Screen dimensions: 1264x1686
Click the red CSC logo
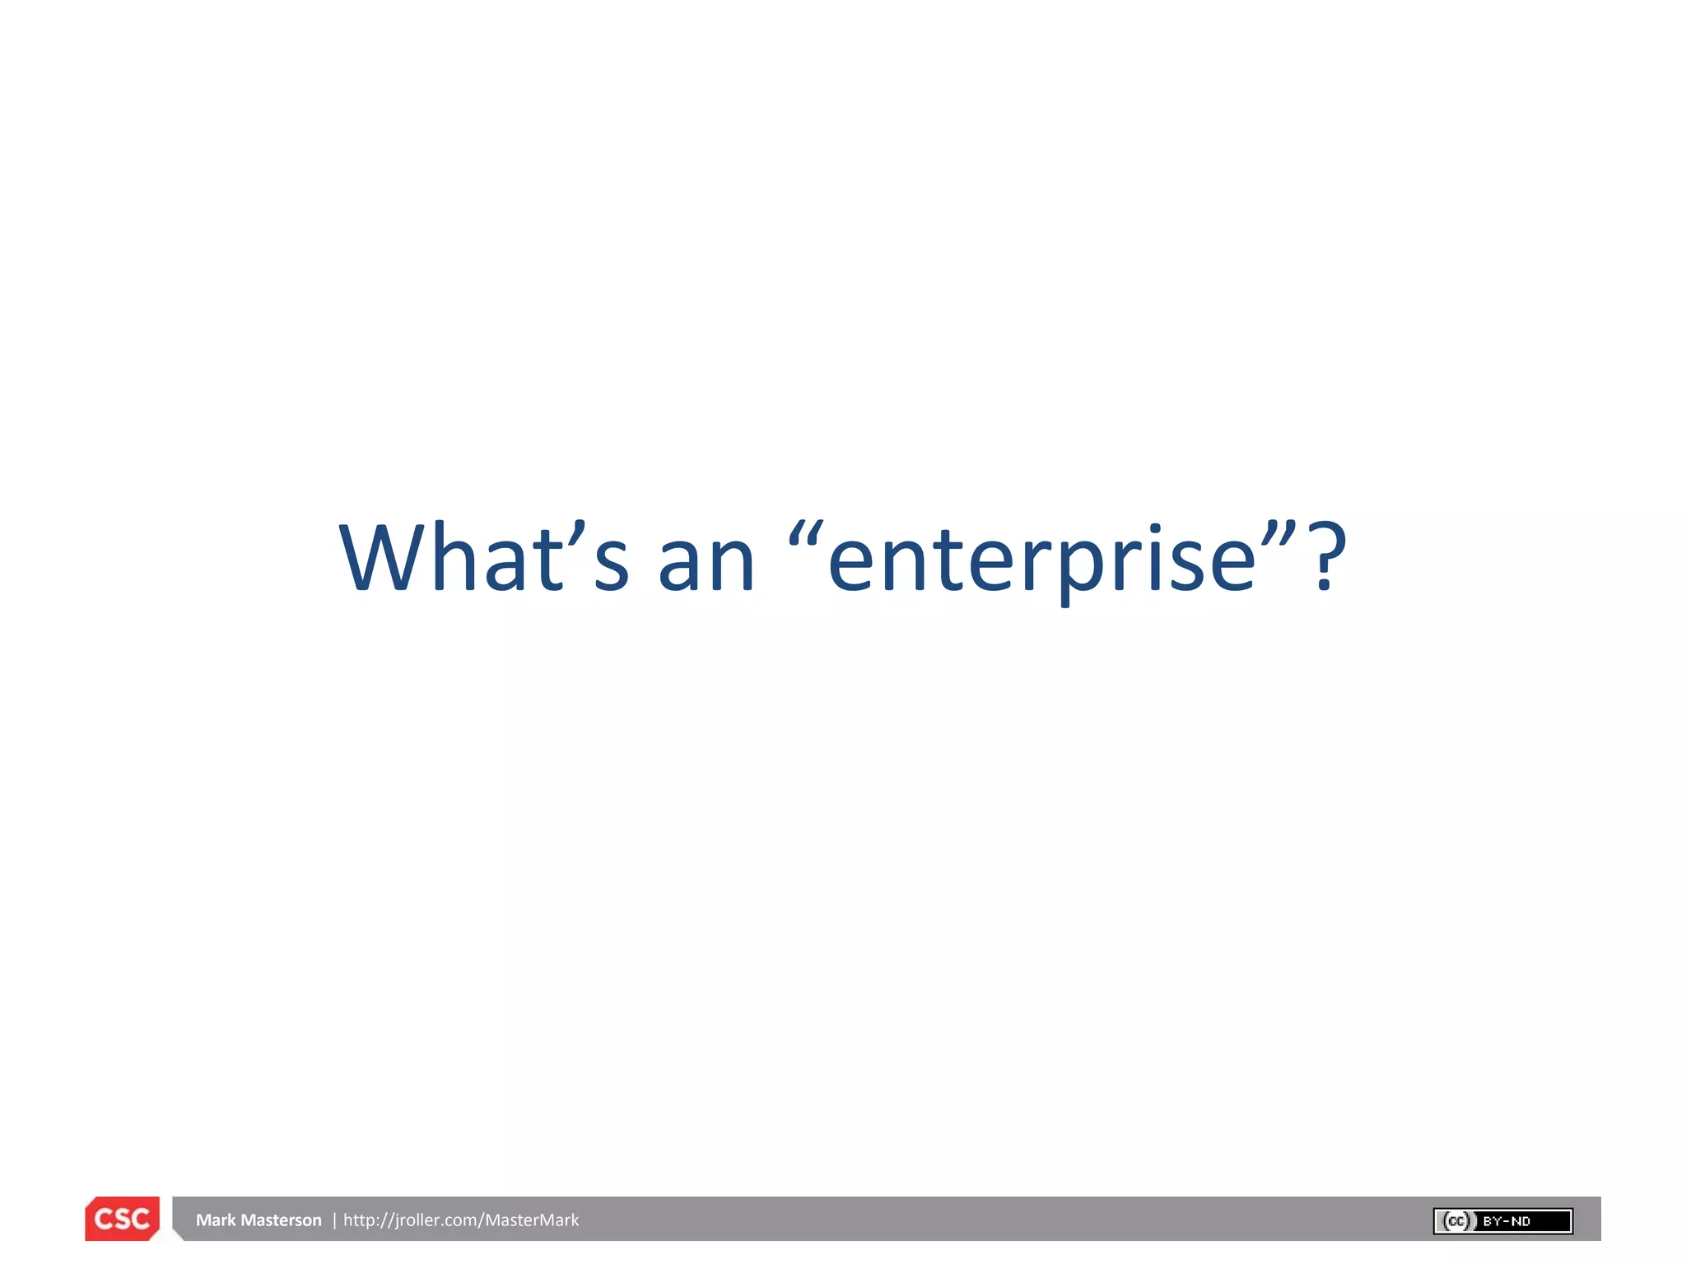[122, 1219]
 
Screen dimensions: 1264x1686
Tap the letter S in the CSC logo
[122, 1219]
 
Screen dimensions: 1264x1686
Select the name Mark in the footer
[216, 1220]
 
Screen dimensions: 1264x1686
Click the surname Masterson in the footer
[282, 1220]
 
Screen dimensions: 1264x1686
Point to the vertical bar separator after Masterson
[334, 1220]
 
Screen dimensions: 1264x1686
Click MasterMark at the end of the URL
[532, 1220]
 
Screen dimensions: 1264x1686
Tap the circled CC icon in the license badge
[1456, 1221]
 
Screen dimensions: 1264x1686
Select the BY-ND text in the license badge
[1507, 1221]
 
